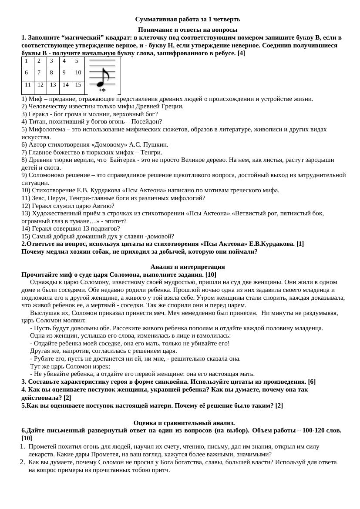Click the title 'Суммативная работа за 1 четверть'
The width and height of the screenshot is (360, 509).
187,19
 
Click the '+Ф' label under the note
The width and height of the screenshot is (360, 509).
102,90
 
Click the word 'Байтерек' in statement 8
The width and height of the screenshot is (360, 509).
124,160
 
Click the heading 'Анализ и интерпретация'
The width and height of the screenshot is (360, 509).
187,267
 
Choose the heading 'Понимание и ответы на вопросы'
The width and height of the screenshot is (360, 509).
187,30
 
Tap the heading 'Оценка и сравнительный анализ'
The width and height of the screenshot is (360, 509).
184,423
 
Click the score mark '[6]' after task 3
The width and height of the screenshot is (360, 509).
311,382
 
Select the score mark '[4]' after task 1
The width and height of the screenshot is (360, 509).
241,53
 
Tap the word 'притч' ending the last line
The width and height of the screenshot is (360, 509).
161,470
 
